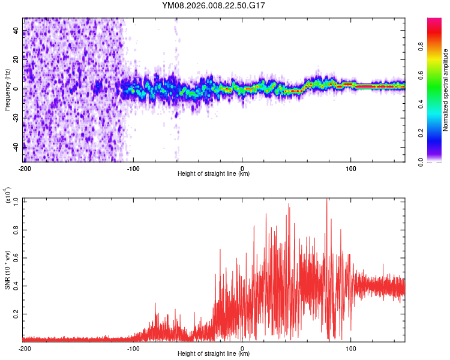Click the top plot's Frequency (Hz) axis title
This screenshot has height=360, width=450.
point(8,89)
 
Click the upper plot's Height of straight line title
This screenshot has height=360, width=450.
point(214,173)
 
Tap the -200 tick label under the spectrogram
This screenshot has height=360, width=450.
point(25,167)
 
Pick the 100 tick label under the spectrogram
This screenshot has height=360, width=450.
point(350,167)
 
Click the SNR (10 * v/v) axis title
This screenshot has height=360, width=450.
point(8,269)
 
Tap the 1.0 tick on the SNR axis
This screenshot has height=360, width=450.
point(16,200)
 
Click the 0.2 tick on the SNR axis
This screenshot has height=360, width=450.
point(16,314)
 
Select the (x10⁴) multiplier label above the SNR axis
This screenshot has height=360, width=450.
point(8,196)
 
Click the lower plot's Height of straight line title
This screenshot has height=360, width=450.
point(214,353)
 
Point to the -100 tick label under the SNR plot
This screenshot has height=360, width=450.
point(133,347)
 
